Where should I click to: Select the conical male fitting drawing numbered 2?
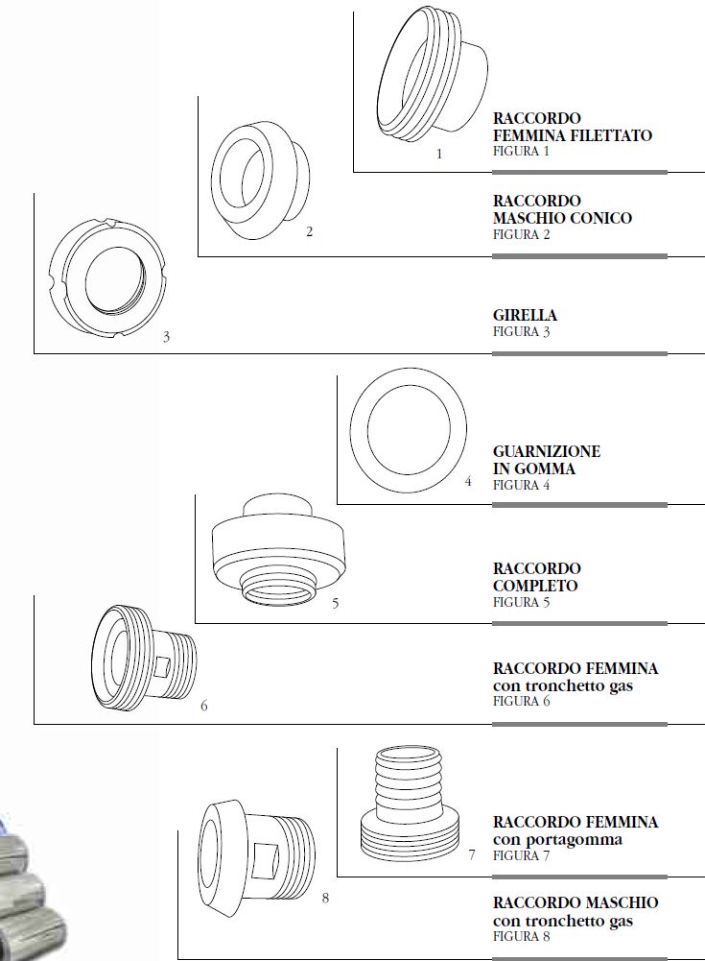(260, 180)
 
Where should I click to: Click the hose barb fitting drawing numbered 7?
(410, 803)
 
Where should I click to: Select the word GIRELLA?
(525, 316)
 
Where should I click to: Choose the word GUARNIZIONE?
(547, 451)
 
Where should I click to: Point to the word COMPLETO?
(535, 586)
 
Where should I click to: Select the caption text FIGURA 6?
(521, 701)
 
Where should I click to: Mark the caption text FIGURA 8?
(521, 936)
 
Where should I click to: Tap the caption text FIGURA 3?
(521, 331)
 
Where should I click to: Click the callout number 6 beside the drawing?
(204, 706)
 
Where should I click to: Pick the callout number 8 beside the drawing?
(325, 898)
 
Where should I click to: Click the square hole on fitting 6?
(163, 667)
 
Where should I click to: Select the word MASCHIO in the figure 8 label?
(622, 902)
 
